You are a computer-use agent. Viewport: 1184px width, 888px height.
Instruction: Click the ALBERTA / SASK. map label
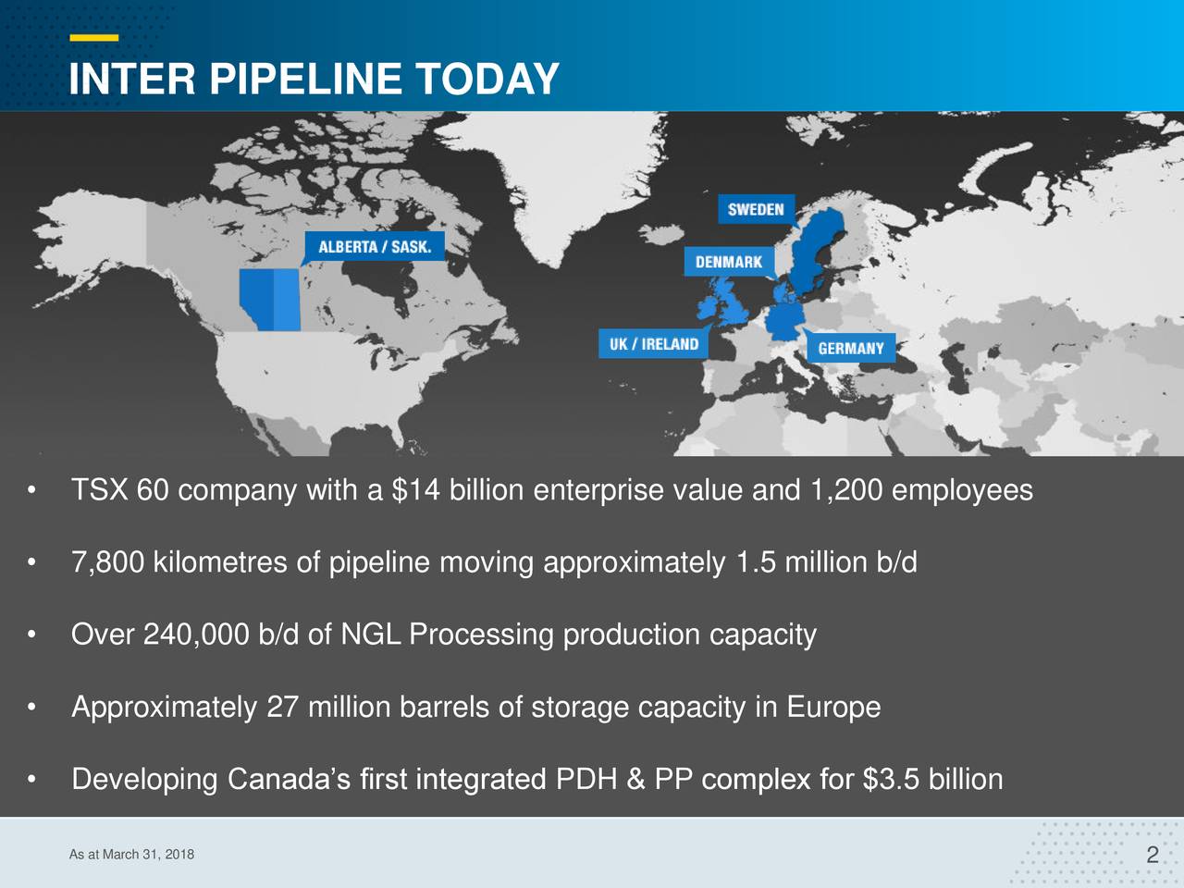375,247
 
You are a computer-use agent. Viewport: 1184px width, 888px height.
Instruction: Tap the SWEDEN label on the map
755,209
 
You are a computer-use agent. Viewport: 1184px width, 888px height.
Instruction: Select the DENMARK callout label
729,262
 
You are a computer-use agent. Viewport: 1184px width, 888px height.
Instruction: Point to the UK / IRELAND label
653,344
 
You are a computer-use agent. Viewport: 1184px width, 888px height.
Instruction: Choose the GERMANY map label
850,348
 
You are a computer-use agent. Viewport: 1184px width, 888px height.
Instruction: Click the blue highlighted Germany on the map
781,324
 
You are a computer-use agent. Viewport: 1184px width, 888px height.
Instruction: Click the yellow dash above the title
93,38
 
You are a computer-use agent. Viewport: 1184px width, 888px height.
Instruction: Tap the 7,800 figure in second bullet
107,562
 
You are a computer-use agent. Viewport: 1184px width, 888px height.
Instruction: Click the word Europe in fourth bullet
833,708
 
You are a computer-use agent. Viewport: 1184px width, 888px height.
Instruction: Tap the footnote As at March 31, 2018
131,854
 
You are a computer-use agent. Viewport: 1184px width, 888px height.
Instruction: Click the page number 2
1152,855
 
